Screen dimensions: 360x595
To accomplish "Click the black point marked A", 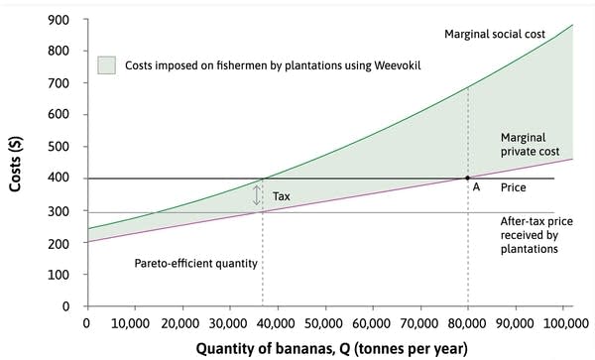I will point(467,179).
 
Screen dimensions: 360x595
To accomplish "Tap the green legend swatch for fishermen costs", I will point(109,64).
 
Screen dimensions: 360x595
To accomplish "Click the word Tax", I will point(281,196).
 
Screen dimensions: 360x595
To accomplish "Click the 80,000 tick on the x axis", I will point(467,322).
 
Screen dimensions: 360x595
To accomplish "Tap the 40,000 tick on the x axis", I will point(277,322).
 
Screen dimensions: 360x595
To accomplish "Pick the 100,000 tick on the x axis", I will point(559,322).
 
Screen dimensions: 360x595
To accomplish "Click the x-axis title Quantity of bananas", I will point(326,348).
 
